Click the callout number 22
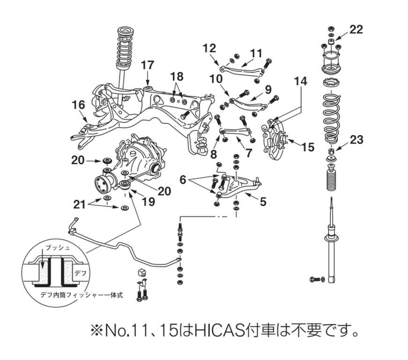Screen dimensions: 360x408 356,30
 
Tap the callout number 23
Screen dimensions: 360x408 356,140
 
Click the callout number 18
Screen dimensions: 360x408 177,76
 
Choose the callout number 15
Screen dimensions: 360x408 308,147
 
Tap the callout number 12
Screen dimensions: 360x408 209,47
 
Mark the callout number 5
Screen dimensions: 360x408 263,202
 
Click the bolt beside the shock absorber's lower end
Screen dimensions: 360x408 315,280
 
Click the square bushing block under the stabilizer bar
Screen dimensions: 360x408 142,272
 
